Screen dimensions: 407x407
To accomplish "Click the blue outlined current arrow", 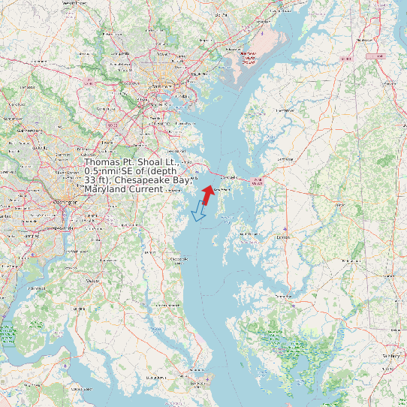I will click(199, 211).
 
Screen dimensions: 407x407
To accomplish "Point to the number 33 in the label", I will click(90, 180).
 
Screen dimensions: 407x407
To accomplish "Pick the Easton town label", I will click(283, 237).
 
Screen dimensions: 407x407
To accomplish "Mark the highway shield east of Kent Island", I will click(258, 181).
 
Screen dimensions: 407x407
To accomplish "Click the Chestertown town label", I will click(283, 110).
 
